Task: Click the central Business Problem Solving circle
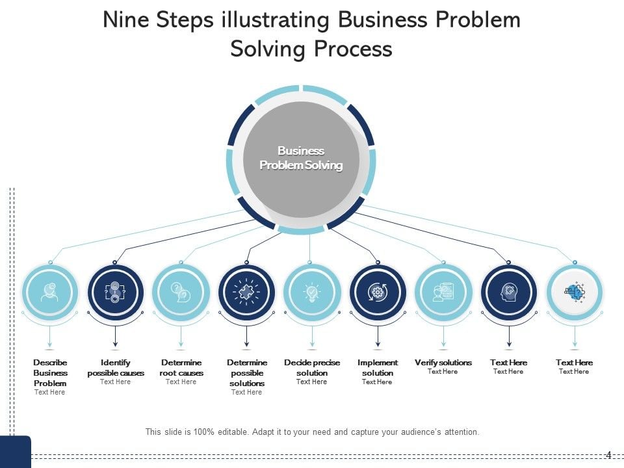click(x=301, y=159)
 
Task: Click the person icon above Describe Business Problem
click(x=50, y=292)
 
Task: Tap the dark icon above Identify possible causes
click(x=115, y=292)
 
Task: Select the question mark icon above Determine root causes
click(x=181, y=292)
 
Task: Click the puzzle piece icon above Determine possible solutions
click(x=246, y=292)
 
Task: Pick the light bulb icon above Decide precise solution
click(x=312, y=292)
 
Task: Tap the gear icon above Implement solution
click(x=378, y=292)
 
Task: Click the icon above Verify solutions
click(x=443, y=292)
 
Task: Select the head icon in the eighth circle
click(x=509, y=292)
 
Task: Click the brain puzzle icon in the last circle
click(x=575, y=292)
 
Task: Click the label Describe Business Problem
click(x=50, y=372)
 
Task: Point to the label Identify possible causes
click(x=116, y=368)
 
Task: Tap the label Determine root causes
click(x=181, y=368)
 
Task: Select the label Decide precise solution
click(x=312, y=368)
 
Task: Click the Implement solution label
click(x=378, y=368)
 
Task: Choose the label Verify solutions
click(x=443, y=363)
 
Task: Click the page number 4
click(x=608, y=454)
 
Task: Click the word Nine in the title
click(x=126, y=20)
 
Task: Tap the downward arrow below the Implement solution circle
click(x=378, y=341)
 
